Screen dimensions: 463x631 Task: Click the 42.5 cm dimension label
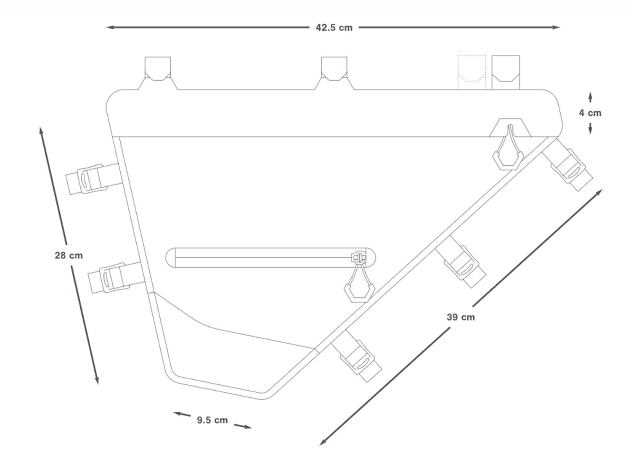point(334,28)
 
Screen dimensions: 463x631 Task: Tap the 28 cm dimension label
point(69,255)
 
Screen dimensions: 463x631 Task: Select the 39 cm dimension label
point(461,317)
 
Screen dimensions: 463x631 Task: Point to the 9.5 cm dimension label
point(212,420)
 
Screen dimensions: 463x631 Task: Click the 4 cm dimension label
point(590,113)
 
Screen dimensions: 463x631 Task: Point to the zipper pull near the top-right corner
point(509,151)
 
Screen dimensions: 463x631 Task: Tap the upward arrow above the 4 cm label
point(590,97)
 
